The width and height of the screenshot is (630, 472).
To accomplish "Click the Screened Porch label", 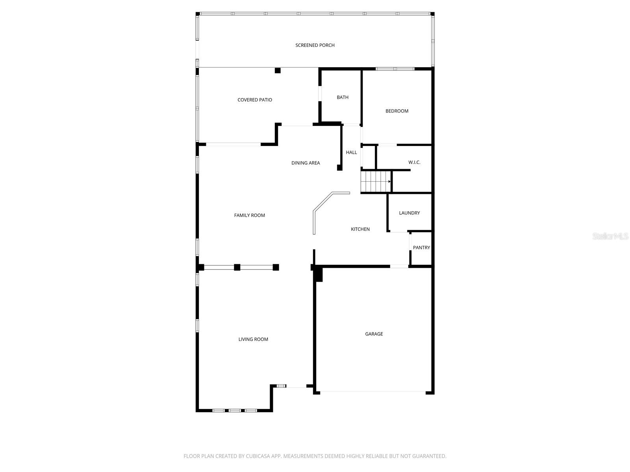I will click(315, 45).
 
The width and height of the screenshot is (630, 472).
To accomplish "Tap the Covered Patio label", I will click(255, 100).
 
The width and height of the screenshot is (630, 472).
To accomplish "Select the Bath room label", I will click(343, 98).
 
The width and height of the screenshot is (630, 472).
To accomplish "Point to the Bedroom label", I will click(397, 111).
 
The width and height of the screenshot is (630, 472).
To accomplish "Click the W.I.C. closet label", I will click(414, 162).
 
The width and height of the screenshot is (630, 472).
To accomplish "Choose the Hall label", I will click(351, 153).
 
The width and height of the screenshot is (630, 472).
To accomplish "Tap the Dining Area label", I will click(306, 163).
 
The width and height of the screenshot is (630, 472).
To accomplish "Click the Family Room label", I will click(250, 215).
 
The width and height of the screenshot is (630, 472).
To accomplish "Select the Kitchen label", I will click(360, 229).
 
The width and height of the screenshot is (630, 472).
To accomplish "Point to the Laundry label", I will click(409, 213).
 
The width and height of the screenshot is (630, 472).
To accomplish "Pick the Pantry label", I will click(421, 248).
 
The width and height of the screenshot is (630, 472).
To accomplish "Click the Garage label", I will click(374, 334).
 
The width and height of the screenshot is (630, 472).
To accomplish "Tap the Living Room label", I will click(253, 339).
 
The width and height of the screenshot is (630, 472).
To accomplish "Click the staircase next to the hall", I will click(376, 181).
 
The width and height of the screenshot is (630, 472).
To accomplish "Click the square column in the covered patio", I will click(278, 70).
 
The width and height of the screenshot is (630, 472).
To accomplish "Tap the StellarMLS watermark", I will click(610, 236).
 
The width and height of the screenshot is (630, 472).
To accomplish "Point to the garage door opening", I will click(373, 392).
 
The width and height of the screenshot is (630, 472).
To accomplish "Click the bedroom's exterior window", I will click(395, 69).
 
